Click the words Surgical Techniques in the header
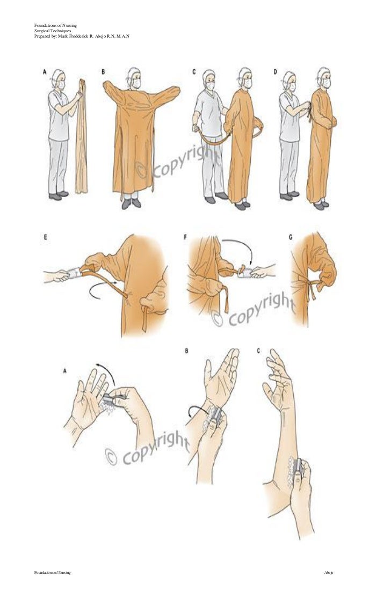pos(52,31)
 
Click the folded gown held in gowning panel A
pos(81,134)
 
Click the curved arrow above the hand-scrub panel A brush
pos(105,373)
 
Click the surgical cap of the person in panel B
pos(134,72)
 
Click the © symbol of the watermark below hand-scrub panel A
pos(111,457)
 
